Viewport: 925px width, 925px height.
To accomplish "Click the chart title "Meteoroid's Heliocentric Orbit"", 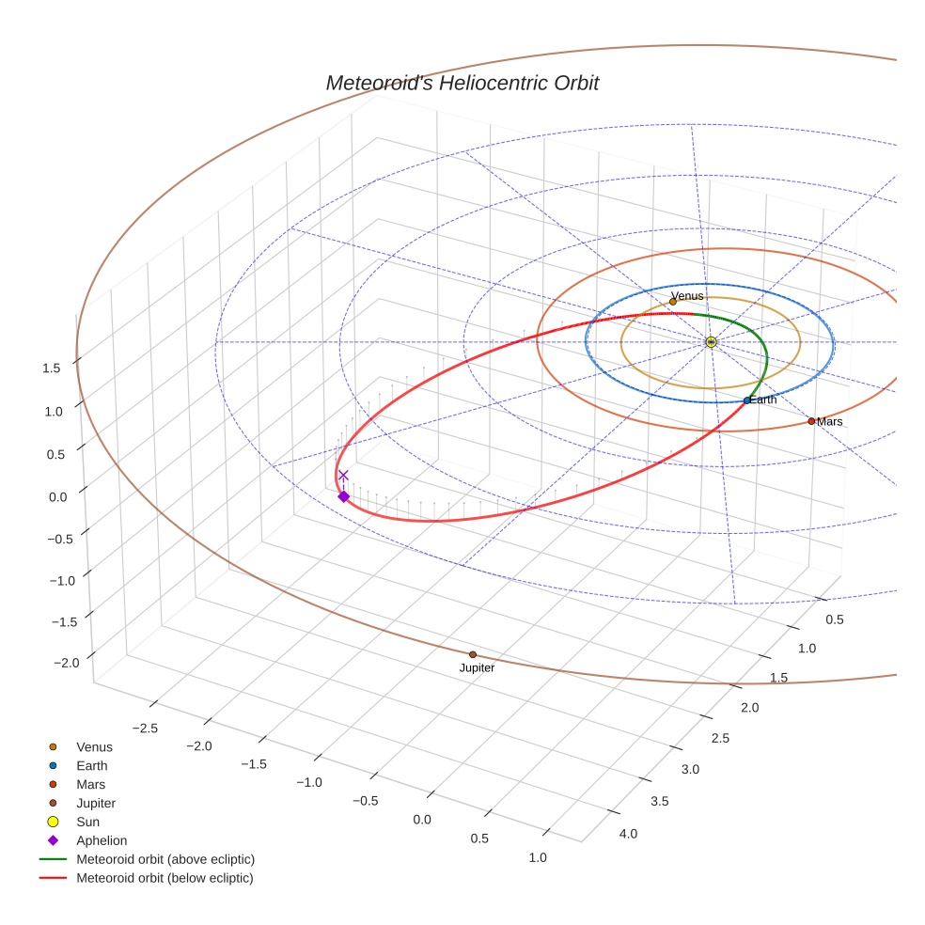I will [462, 83].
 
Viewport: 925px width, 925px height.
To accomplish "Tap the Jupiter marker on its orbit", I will [473, 654].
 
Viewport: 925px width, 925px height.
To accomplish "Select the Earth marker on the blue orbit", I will [746, 400].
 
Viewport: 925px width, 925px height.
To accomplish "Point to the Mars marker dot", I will [811, 421].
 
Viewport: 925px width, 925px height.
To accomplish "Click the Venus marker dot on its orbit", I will [672, 302].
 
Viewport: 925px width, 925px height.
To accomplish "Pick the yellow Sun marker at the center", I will [711, 342].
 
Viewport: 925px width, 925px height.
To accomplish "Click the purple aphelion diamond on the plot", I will [343, 496].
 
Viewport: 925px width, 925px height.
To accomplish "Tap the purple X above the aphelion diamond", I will [343, 476].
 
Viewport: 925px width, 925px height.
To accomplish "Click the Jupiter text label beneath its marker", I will [477, 668].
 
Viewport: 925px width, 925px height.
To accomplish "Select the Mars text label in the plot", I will [830, 422].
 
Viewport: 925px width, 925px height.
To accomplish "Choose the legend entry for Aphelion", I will [102, 840].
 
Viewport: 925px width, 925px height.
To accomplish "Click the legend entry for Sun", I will [87, 822].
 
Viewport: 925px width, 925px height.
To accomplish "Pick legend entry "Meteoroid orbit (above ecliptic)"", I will [165, 859].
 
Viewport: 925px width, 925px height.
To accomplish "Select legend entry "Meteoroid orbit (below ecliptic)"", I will [165, 878].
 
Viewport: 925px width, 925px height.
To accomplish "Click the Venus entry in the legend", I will [94, 747].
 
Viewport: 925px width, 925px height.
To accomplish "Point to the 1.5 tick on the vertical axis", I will [52, 368].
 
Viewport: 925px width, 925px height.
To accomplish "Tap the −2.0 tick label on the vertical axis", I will [66, 663].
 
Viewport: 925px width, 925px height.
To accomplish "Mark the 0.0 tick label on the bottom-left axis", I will [421, 820].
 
